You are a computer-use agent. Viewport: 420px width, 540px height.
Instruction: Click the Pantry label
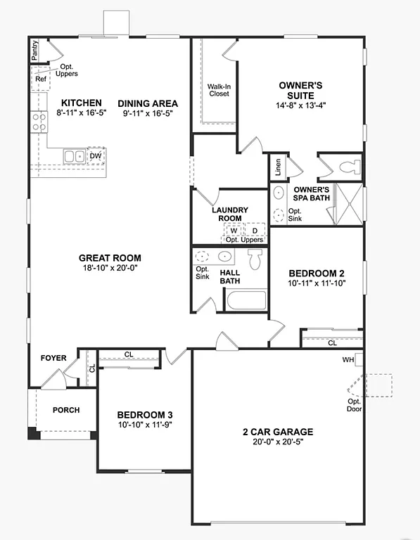34,51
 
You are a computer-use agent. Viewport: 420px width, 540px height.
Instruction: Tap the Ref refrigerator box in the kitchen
40,79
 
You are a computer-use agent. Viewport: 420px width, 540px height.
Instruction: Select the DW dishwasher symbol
95,155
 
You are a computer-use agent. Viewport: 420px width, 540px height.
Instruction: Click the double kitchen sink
73,156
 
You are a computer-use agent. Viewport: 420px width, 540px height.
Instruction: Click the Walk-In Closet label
218,91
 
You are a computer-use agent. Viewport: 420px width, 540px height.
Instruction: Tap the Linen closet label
279,167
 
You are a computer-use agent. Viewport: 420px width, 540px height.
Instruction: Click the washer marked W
233,230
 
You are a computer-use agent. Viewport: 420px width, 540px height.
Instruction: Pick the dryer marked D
254,230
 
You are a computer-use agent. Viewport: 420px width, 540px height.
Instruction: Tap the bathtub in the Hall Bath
246,300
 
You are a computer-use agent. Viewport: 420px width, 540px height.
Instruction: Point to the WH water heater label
348,359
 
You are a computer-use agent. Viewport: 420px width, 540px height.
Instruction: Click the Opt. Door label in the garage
353,405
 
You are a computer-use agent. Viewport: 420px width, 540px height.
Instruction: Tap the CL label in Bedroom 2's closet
332,343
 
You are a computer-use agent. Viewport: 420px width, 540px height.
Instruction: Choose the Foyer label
53,358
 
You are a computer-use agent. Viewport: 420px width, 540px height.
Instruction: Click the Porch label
66,410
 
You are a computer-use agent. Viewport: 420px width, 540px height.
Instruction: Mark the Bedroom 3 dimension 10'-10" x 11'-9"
144,425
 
